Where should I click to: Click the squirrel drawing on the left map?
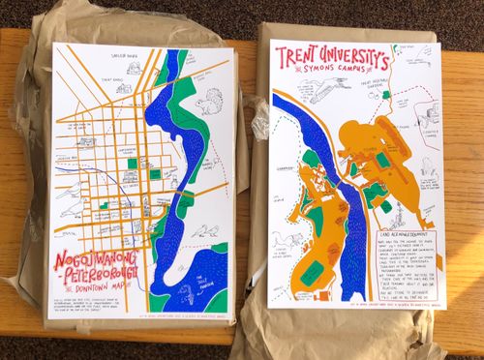tap(207, 103)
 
